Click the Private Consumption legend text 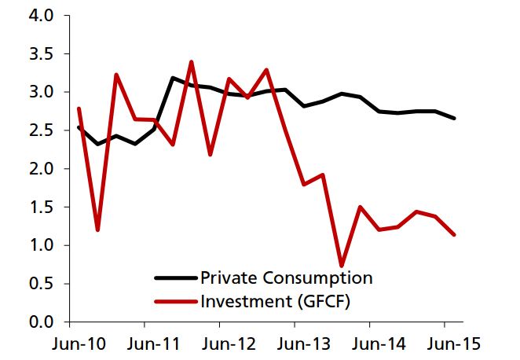pos(286,277)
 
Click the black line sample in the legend pos(174,278)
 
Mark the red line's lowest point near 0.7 pos(342,265)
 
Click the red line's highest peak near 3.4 pos(192,61)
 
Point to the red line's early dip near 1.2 pos(98,230)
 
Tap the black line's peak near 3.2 pos(173,78)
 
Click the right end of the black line pos(454,118)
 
